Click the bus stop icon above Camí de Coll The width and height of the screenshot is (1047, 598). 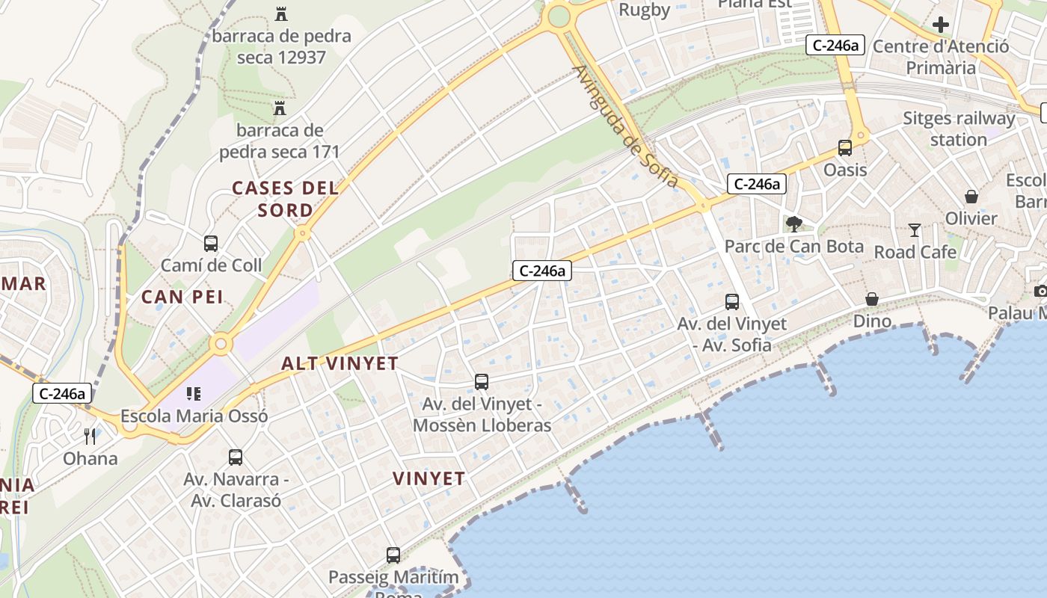[211, 243]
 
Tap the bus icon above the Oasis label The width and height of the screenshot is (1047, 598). [845, 148]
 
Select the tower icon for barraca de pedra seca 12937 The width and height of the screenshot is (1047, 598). [281, 13]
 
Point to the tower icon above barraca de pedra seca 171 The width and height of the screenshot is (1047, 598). [280, 108]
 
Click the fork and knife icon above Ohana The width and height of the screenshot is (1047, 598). [90, 436]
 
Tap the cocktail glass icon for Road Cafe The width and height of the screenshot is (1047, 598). [914, 229]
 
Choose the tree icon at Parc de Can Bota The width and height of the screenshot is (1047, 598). [794, 224]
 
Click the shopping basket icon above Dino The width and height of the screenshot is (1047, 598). [872, 299]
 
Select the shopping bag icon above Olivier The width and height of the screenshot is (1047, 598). [971, 197]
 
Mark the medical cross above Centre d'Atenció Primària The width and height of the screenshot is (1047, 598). [941, 25]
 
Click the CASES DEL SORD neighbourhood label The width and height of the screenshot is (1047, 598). [285, 199]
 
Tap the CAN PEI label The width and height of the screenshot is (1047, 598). [182, 297]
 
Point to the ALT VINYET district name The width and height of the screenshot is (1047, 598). [340, 364]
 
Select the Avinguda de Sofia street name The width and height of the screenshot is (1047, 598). [627, 127]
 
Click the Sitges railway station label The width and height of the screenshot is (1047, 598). [959, 129]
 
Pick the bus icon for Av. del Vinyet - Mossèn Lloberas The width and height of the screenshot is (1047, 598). [482, 382]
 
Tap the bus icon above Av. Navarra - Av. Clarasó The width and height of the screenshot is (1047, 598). [236, 457]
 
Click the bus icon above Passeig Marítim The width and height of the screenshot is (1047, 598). [393, 555]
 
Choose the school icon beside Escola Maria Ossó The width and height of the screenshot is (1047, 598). [194, 393]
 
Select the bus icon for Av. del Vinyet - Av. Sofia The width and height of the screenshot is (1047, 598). [732, 302]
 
